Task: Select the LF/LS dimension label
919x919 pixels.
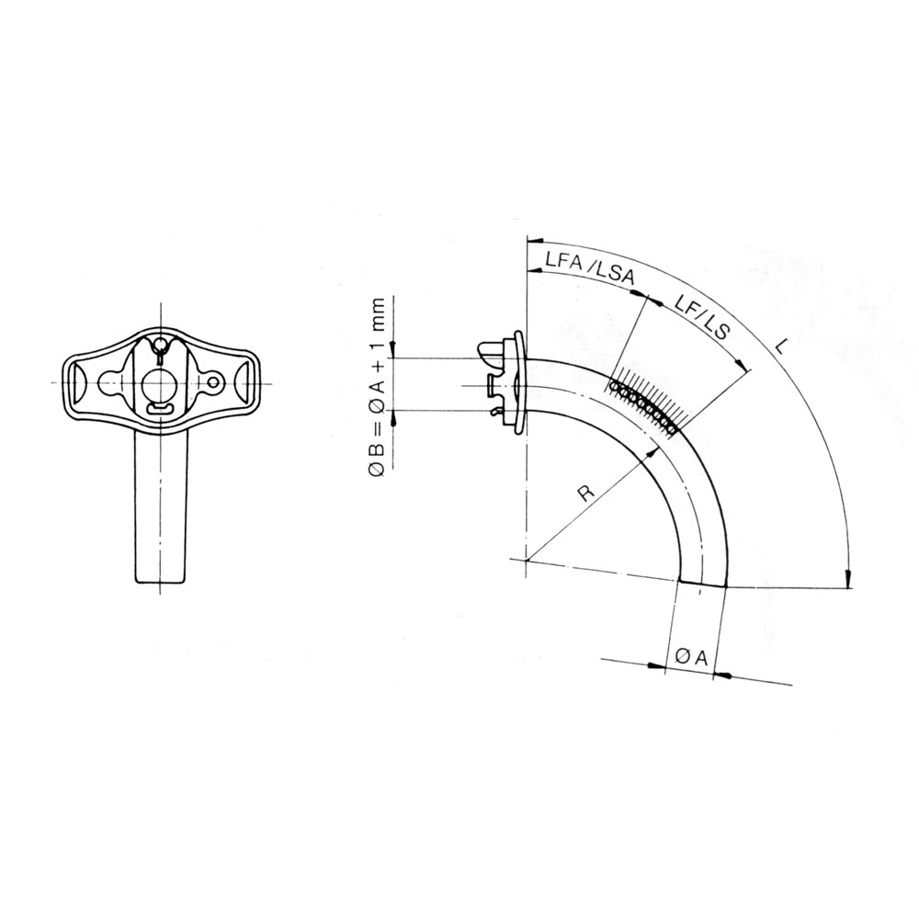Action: coord(701,317)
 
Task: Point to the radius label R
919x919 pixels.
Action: coord(586,494)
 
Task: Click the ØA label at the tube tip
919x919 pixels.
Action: coord(692,658)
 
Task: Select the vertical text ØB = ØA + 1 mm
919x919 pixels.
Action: coord(378,388)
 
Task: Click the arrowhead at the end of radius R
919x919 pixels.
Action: coord(651,454)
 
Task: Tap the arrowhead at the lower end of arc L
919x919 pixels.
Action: coord(847,578)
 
